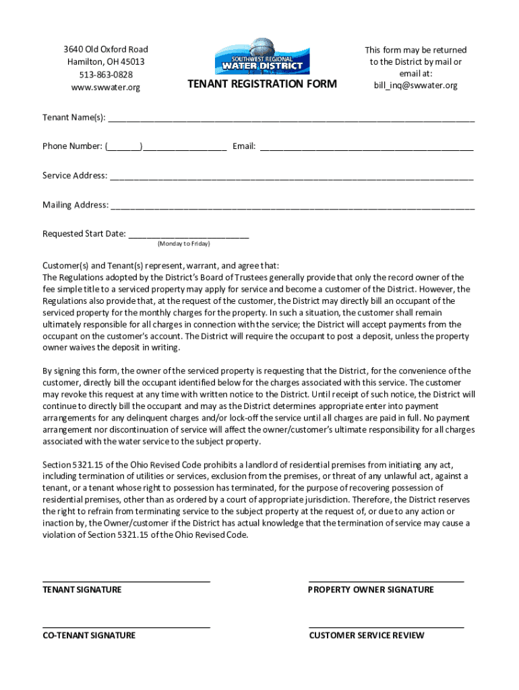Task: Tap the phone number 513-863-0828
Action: (x=106, y=74)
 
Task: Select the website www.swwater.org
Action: (x=106, y=87)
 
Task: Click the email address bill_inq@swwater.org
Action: (x=415, y=86)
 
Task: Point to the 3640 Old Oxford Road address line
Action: (x=106, y=49)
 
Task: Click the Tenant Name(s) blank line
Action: (x=291, y=119)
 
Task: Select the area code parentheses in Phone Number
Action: (x=123, y=146)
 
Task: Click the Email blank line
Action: (x=366, y=148)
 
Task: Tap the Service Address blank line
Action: (x=291, y=177)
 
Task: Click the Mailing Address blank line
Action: (x=292, y=206)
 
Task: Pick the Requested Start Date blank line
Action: (x=188, y=235)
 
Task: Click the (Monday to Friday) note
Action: (x=183, y=243)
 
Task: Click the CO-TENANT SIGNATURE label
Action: (x=89, y=635)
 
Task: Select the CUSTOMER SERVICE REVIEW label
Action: (x=367, y=635)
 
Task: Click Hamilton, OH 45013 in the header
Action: (x=106, y=62)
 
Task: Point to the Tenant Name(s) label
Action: (x=73, y=118)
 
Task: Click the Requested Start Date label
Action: (x=84, y=234)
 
